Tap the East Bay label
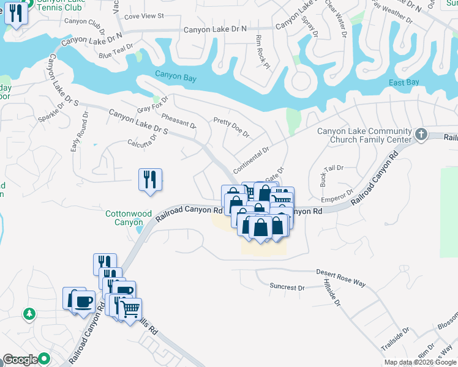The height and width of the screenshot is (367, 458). [x=404, y=83]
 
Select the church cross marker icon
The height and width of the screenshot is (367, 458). [x=421, y=134]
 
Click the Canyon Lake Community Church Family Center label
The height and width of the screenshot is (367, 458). [x=364, y=136]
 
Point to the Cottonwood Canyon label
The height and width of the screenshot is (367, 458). [x=129, y=218]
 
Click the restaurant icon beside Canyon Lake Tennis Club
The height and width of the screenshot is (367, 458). [x=16, y=13]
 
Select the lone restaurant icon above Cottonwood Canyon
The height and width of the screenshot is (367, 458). [x=150, y=179]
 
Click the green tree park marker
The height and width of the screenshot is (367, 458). [x=29, y=314]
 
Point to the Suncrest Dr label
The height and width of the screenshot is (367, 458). [x=287, y=286]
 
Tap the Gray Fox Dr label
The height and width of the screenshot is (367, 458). [x=152, y=105]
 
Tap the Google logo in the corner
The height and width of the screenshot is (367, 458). [x=21, y=360]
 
